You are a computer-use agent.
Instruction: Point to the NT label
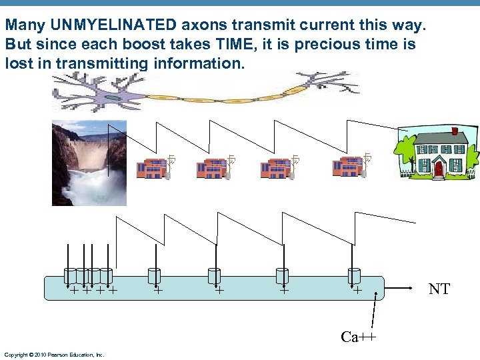click(439, 289)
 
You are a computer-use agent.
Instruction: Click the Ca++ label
click(358, 337)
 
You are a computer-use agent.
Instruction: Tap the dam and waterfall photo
click(88, 163)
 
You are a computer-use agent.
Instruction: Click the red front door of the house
click(438, 168)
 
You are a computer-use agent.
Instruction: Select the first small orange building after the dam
click(152, 168)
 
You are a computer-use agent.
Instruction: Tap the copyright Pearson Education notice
click(54, 355)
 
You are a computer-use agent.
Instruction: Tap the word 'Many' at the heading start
click(21, 25)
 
